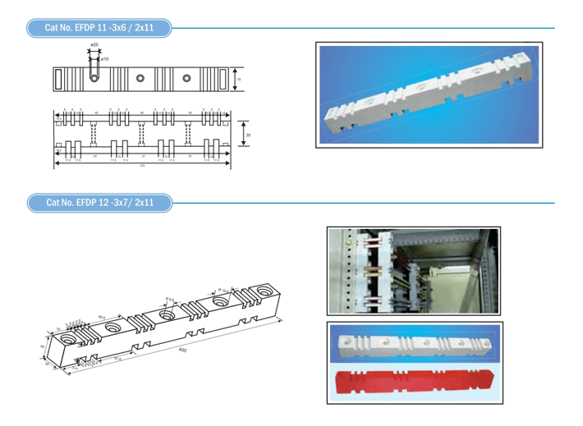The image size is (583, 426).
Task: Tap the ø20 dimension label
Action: pos(94,44)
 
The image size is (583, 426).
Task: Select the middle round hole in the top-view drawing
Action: pos(141,79)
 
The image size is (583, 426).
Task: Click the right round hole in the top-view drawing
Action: pos(187,79)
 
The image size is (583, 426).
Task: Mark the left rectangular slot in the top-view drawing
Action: pos(60,79)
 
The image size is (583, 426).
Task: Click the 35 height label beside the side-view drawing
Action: pos(248,133)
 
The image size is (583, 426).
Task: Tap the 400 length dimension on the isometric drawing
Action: pos(182,350)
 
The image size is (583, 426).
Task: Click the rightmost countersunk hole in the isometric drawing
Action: pos(266,291)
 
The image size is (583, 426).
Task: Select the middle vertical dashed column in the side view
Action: pos(141,132)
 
